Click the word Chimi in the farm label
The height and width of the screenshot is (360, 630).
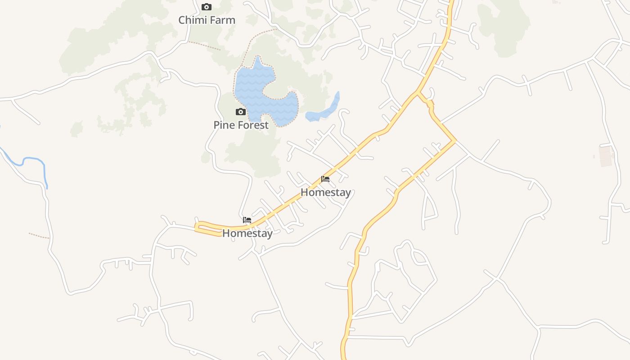tap(193, 20)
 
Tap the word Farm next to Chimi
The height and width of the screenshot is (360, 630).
tap(222, 20)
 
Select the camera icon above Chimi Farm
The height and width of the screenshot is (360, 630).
tap(207, 7)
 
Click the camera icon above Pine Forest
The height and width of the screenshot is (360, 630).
tap(241, 112)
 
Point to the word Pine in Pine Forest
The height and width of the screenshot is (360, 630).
tap(224, 125)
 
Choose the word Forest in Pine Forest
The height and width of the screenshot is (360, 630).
tap(253, 125)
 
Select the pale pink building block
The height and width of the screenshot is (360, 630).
tap(607, 156)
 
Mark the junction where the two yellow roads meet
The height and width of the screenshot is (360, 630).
tap(418, 93)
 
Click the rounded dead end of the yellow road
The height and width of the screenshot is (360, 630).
tap(197, 227)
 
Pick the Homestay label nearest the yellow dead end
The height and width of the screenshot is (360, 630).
tap(247, 234)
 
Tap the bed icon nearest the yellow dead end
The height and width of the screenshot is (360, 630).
tap(247, 220)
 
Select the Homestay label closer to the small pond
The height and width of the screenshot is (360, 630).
tap(325, 193)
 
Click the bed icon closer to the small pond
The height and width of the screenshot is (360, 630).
tap(325, 179)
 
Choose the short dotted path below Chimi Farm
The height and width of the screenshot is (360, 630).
tap(203, 45)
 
